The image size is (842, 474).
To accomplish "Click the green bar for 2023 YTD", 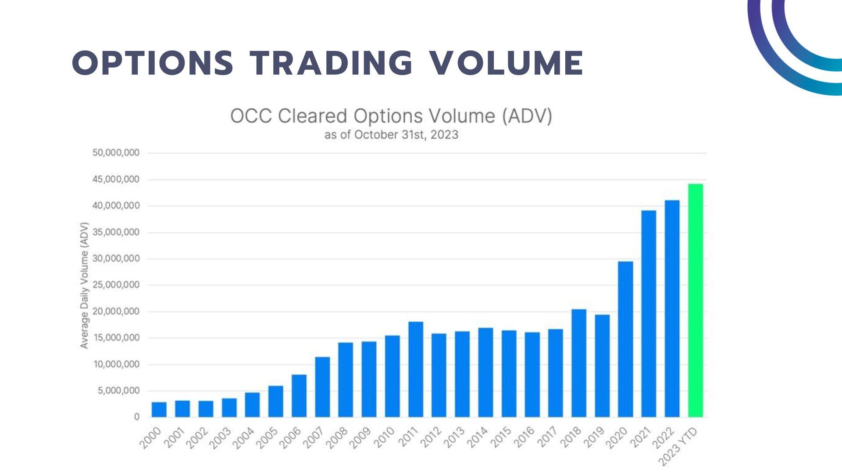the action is pos(696,300).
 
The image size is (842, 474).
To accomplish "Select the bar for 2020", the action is pos(625,339).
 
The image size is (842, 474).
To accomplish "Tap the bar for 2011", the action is pos(416,369).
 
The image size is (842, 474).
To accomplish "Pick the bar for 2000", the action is pos(159,409).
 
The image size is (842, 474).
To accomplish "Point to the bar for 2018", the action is pos(579,363).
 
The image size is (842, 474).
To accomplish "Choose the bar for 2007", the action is pos(322,387).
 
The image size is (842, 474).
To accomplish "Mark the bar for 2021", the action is pos(649,314).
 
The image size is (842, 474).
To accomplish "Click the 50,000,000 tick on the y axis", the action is pos(116,153).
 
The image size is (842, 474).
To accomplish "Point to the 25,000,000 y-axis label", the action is pos(116,285).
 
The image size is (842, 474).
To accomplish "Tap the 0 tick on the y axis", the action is pos(137,417).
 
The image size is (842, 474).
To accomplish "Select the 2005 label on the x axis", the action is pos(267,438).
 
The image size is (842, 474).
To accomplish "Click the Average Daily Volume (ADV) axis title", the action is pos(84,286).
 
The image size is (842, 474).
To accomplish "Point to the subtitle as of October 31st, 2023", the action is pos(391,135).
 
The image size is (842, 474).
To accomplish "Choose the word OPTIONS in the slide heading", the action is pos(152,63).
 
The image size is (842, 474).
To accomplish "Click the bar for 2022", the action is pos(672,309).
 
